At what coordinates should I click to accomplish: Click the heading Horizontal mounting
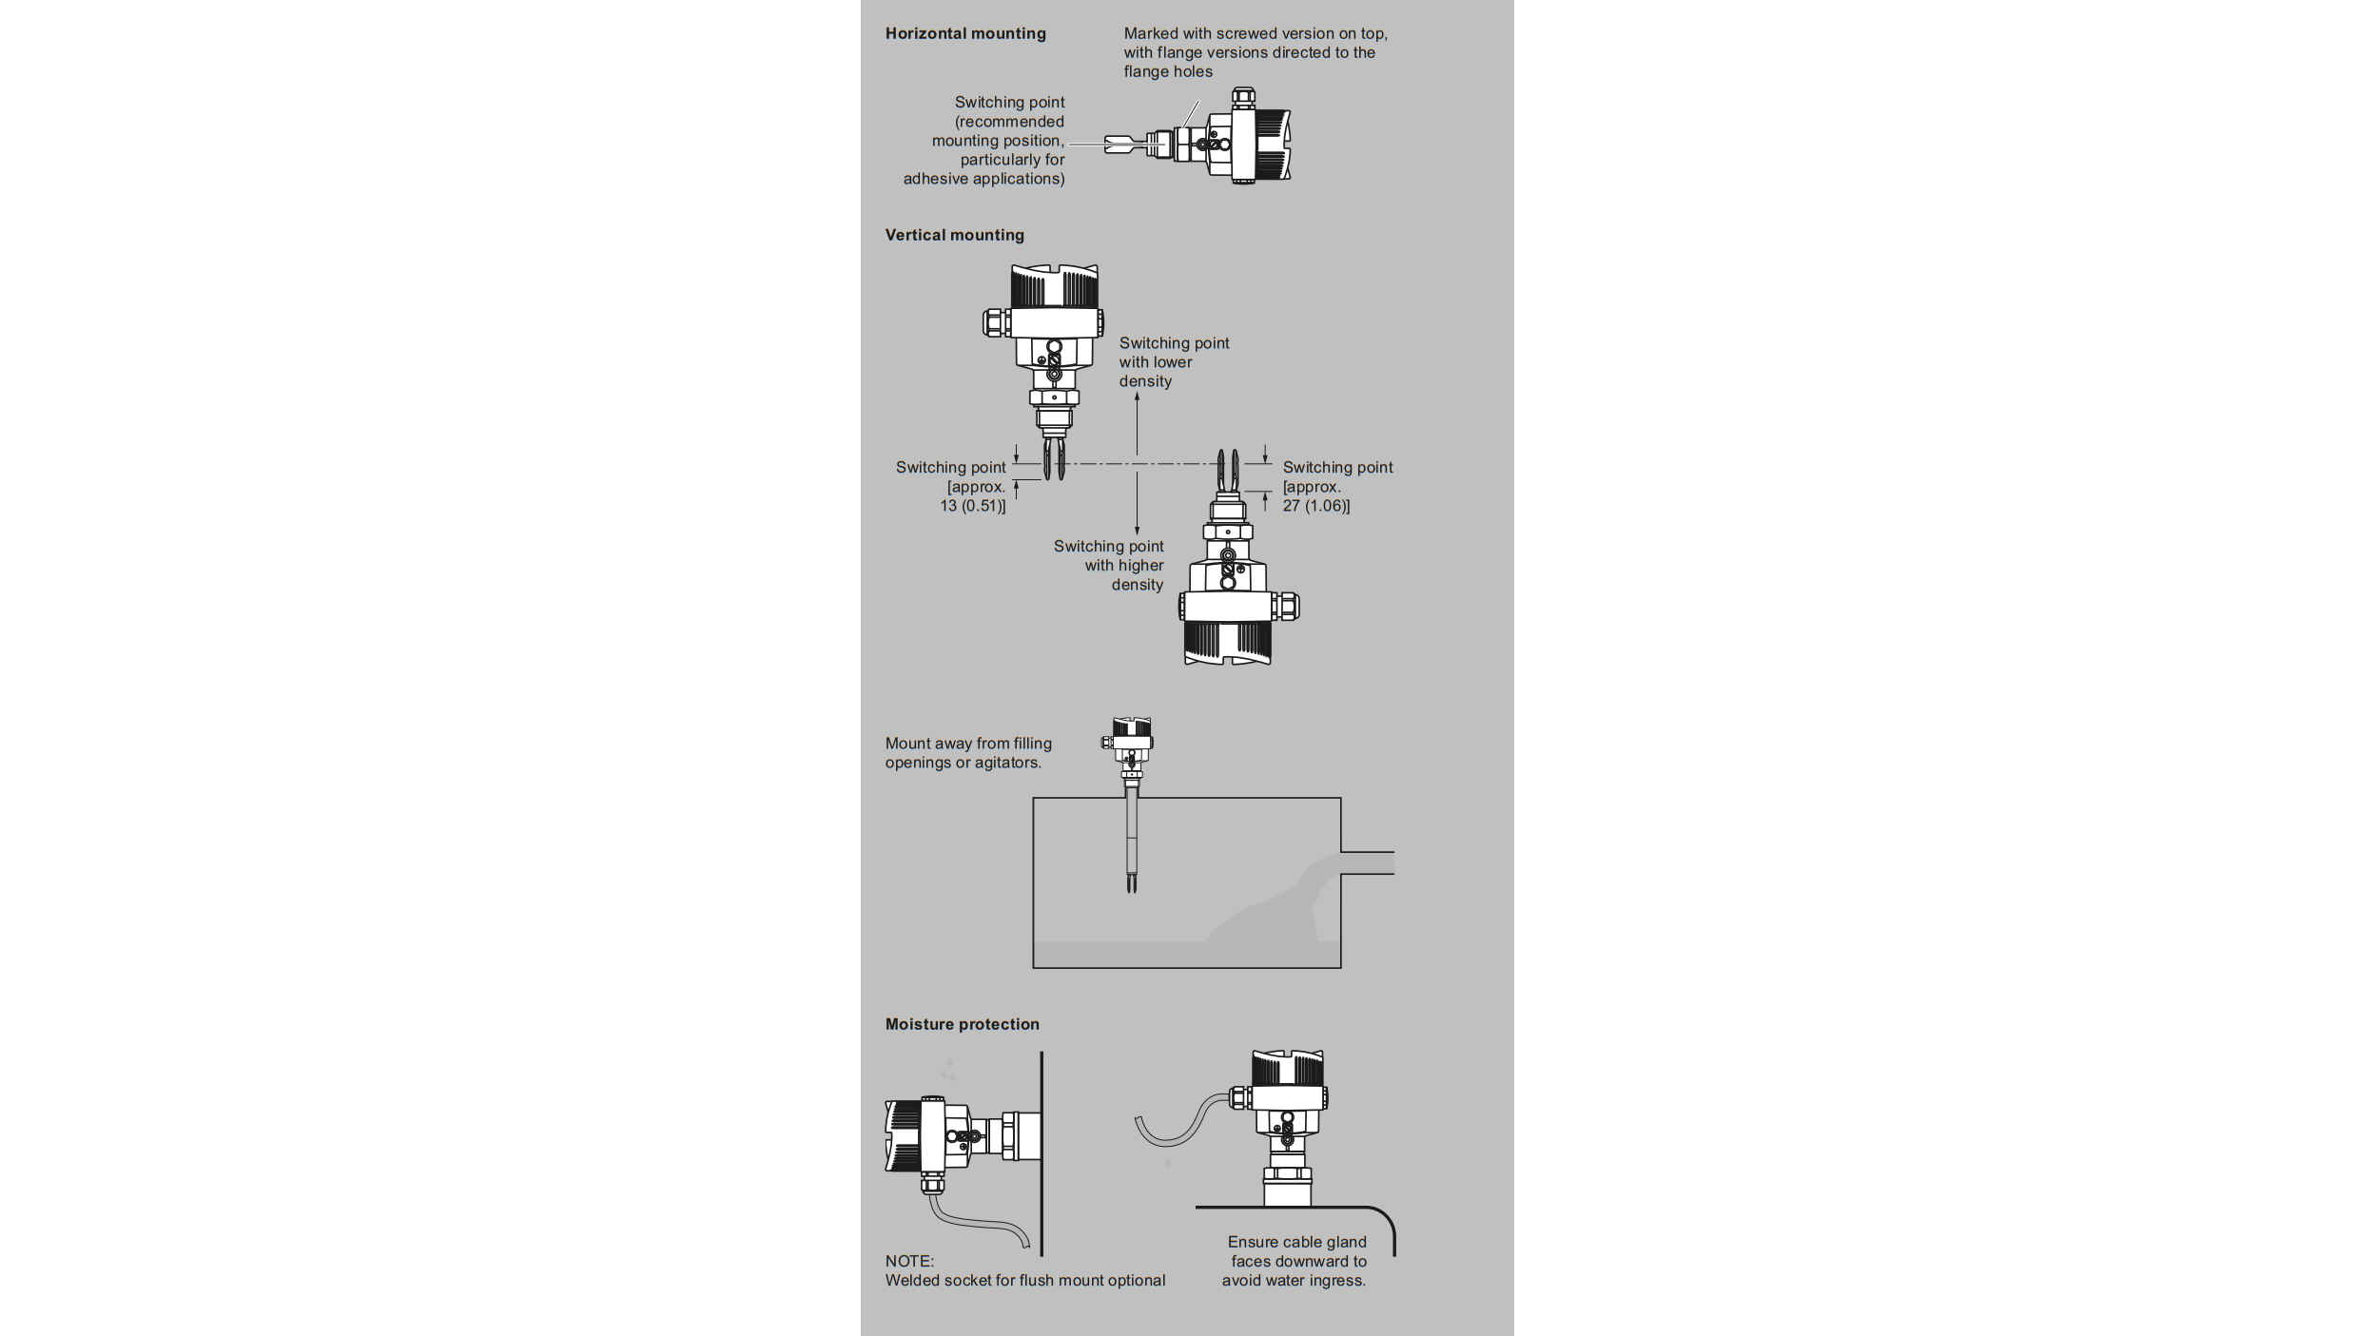tap(964, 33)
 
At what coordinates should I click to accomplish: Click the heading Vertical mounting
tap(954, 235)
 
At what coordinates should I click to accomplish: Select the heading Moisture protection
tap(962, 1024)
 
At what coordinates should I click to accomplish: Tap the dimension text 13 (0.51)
tap(972, 506)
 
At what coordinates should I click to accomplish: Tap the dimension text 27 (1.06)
tap(1315, 506)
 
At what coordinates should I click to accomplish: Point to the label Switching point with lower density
tap(1173, 362)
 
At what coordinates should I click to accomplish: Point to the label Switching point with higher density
tap(1109, 566)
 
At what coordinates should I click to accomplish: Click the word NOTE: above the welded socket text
tap(909, 1261)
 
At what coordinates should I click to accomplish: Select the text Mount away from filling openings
tap(967, 753)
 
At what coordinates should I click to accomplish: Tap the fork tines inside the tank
tap(1132, 883)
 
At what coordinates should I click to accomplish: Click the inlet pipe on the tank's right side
tap(1368, 863)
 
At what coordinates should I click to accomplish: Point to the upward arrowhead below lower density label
tap(1137, 397)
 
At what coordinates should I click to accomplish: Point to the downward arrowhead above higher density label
tap(1137, 530)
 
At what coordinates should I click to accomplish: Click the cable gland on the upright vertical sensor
tap(993, 322)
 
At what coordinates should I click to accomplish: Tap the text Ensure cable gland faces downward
tap(1295, 1261)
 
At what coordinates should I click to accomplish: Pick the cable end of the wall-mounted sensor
tap(1025, 1241)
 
